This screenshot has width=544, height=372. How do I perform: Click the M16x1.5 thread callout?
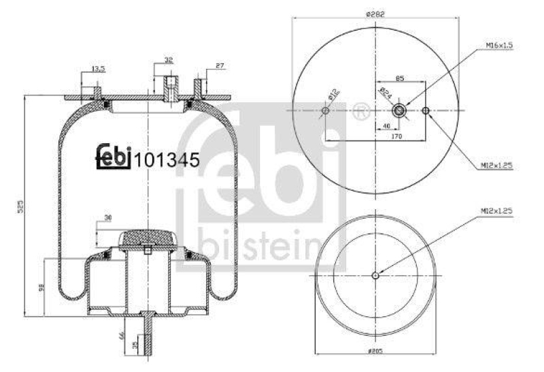pyautogui.click(x=498, y=46)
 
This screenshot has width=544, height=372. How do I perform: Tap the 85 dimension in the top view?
pyautogui.click(x=400, y=79)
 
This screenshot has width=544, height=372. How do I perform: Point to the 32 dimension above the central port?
pyautogui.click(x=168, y=60)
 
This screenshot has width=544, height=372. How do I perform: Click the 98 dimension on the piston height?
pyautogui.click(x=40, y=290)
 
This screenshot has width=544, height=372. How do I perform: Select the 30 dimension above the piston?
pyautogui.click(x=108, y=218)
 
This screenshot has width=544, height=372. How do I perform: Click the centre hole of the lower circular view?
pyautogui.click(x=375, y=275)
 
